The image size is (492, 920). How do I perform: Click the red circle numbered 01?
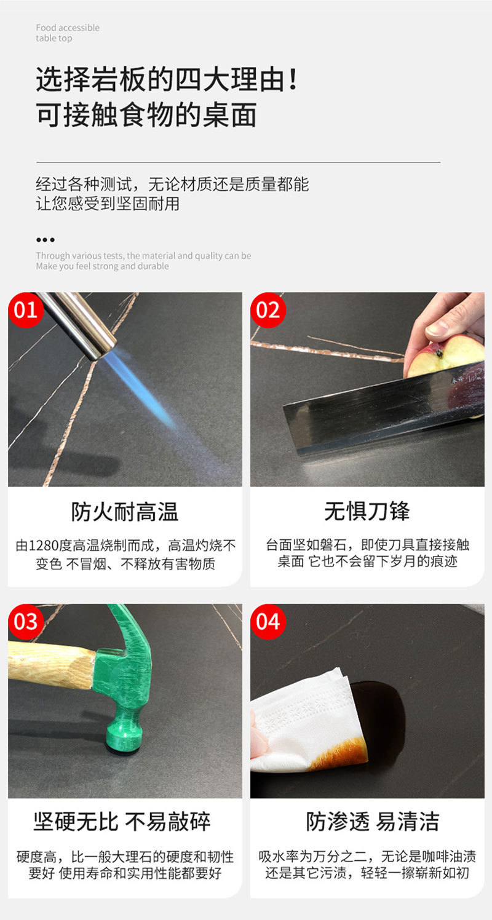pos(25,310)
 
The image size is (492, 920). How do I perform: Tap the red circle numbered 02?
pos(268,310)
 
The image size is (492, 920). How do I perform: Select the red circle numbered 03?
pos(25,622)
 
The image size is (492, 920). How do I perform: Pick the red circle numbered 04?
pos(268,622)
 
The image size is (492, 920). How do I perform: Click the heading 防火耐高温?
pos(125,512)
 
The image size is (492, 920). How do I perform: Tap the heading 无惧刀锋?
pos(367,511)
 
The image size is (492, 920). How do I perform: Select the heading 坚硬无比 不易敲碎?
pos(122,822)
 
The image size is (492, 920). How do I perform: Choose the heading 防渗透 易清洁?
pos(373,822)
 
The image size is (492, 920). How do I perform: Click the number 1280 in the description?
pos(44,546)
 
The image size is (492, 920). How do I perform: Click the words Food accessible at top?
pos(68,28)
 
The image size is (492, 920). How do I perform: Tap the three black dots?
pos(45,240)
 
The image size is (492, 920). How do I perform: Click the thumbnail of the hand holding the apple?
pos(368,389)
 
